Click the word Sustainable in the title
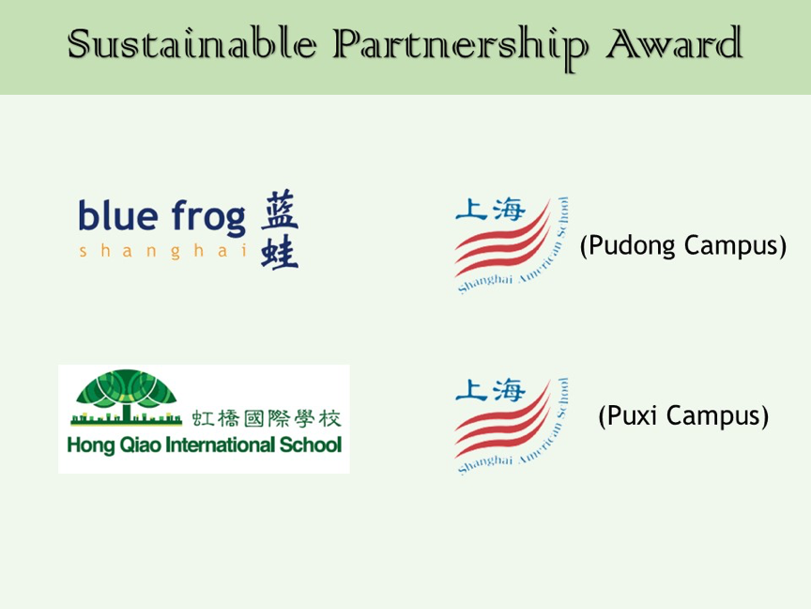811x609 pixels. pyautogui.click(x=191, y=43)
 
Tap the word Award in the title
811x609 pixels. pyautogui.click(x=675, y=43)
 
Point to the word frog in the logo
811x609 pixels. pyautogui.click(x=208, y=217)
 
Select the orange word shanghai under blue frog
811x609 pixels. pyautogui.click(x=163, y=251)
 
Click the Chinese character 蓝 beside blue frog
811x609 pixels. pyautogui.click(x=280, y=210)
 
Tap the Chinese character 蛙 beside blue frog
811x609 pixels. pyautogui.click(x=280, y=252)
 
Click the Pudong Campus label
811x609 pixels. pyautogui.click(x=683, y=245)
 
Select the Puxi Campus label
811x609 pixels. pyautogui.click(x=683, y=415)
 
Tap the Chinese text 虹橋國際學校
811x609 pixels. pyautogui.click(x=267, y=418)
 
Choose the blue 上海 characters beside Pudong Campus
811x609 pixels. pyautogui.click(x=490, y=210)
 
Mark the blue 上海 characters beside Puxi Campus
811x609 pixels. pyautogui.click(x=490, y=390)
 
